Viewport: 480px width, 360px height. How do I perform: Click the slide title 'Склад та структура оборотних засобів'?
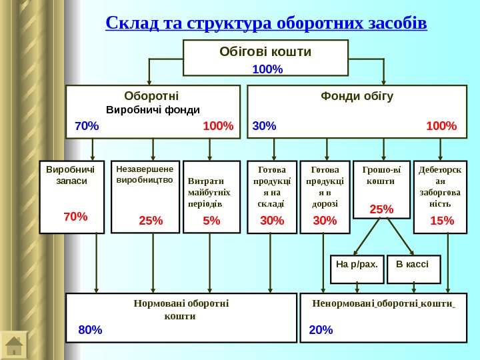pyautogui.click(x=266, y=23)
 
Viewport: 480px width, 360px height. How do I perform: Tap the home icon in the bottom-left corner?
pyautogui.click(x=15, y=345)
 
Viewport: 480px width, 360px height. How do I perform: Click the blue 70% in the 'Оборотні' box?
pyautogui.click(x=87, y=125)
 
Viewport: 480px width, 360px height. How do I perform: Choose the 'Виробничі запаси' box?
pyautogui.click(x=71, y=197)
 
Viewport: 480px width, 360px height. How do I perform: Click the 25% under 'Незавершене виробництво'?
pyautogui.click(x=151, y=221)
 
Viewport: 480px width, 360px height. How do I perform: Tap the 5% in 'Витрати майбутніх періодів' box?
pyautogui.click(x=211, y=221)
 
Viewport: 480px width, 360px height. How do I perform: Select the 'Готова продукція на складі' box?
pyautogui.click(x=271, y=197)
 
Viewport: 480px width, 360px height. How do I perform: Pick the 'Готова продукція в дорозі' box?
pyautogui.click(x=325, y=197)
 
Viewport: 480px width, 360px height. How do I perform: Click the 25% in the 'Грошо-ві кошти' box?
pyautogui.click(x=381, y=210)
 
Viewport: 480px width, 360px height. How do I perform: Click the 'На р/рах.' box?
pyautogui.click(x=357, y=265)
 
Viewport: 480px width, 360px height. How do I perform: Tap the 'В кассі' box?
pyautogui.click(x=413, y=265)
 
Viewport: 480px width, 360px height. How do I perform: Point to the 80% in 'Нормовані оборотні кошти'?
pyautogui.click(x=91, y=329)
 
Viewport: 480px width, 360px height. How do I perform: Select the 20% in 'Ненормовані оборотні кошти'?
pyautogui.click(x=321, y=329)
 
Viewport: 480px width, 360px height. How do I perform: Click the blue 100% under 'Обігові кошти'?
pyautogui.click(x=267, y=69)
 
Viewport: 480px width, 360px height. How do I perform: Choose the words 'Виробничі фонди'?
pyautogui.click(x=153, y=109)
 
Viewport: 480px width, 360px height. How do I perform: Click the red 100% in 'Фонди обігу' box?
pyautogui.click(x=441, y=125)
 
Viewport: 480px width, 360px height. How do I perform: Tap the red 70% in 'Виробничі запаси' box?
pyautogui.click(x=75, y=216)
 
